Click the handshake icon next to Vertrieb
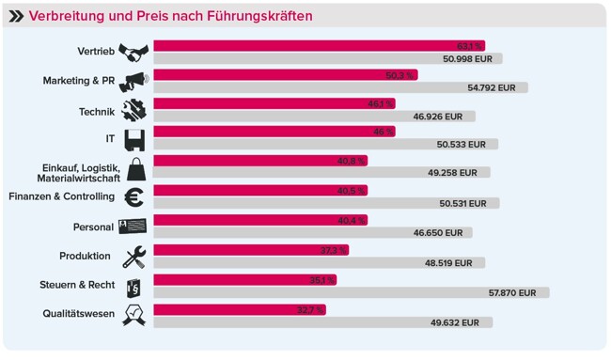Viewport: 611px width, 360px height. pos(133,52)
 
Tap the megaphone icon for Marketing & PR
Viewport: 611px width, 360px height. pos(133,81)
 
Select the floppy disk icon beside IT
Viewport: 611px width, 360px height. pos(134,139)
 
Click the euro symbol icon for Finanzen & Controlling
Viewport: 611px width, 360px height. pos(134,197)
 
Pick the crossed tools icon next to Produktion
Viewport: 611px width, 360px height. pos(134,256)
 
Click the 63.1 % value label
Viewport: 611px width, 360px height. pos(469,45)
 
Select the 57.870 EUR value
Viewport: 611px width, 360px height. pos(512,292)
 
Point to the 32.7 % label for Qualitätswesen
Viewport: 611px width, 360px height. pos(310,309)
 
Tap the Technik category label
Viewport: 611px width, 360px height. pos(96,111)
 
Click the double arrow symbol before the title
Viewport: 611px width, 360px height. pos(16,16)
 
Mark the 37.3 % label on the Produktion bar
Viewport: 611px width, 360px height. pos(334,250)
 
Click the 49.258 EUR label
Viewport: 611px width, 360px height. pos(452,173)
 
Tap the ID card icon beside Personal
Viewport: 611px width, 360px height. pos(133,227)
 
